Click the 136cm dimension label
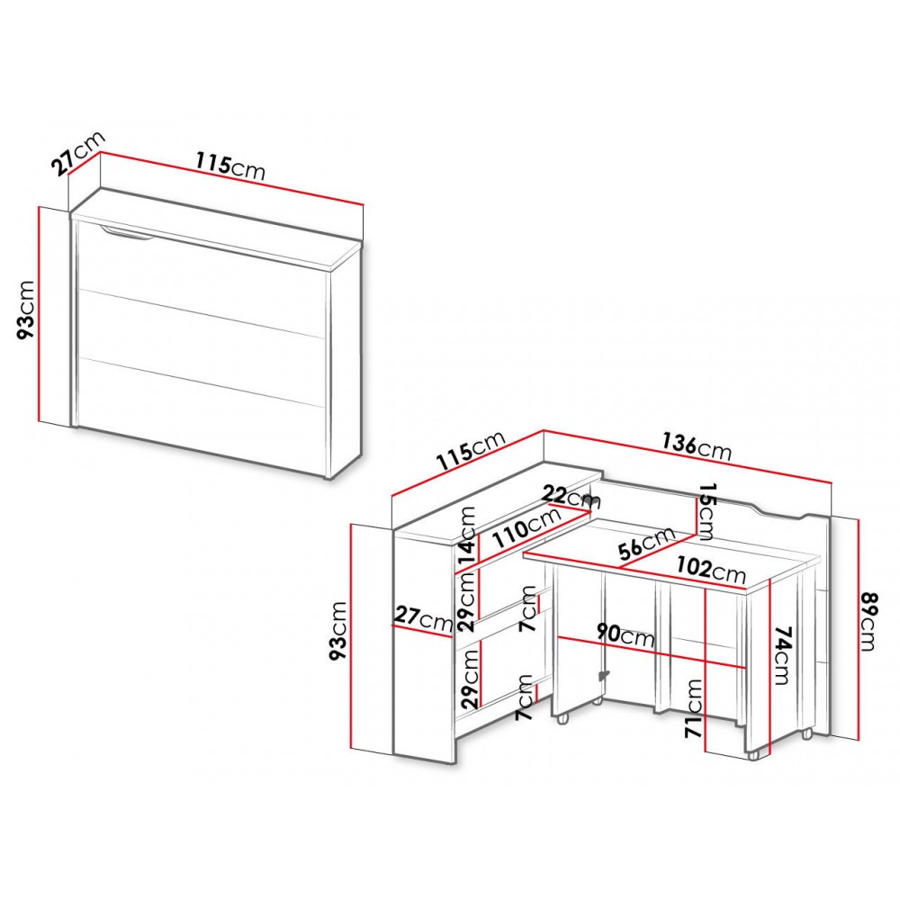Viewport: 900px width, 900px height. pyautogui.click(x=697, y=446)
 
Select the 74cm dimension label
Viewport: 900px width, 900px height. pyautogui.click(x=782, y=655)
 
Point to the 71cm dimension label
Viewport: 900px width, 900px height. pyautogui.click(x=694, y=708)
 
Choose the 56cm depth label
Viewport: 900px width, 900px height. pyautogui.click(x=647, y=544)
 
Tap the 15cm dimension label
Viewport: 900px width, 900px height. pyautogui.click(x=705, y=511)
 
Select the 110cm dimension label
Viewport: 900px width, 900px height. pyautogui.click(x=527, y=528)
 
